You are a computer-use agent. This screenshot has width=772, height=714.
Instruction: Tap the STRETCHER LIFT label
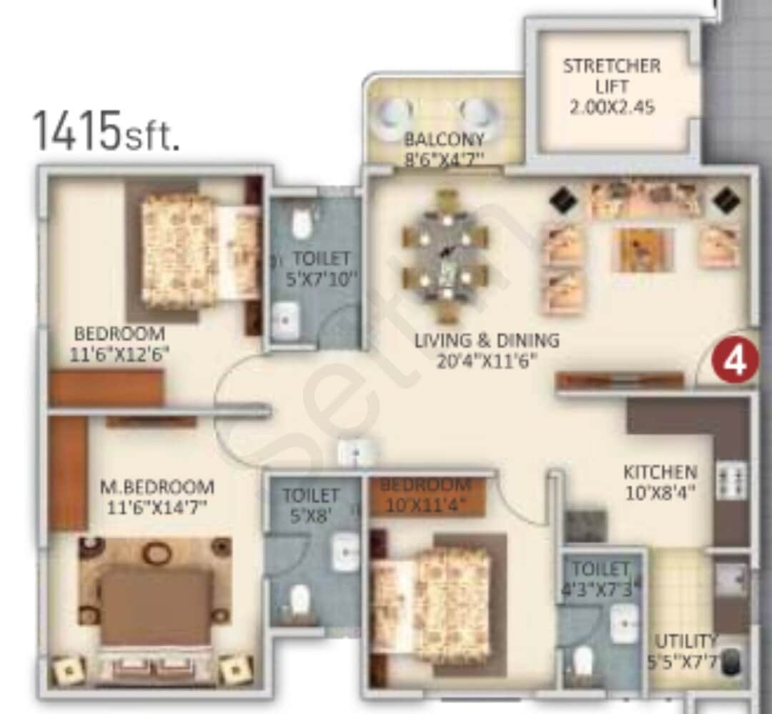tap(612, 76)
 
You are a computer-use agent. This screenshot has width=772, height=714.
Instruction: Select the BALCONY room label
tap(444, 139)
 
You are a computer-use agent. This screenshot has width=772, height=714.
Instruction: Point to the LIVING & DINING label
tap(487, 340)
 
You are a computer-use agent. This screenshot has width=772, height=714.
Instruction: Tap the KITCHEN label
tap(660, 472)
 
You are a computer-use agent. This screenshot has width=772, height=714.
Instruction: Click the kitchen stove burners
tap(731, 480)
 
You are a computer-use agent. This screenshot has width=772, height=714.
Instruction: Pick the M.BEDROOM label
tap(157, 487)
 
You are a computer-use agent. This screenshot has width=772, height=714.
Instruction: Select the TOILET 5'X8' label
tap(310, 504)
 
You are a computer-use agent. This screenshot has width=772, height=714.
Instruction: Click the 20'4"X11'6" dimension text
tap(487, 361)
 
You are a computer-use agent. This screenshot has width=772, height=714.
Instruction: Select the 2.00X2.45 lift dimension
tap(613, 108)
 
